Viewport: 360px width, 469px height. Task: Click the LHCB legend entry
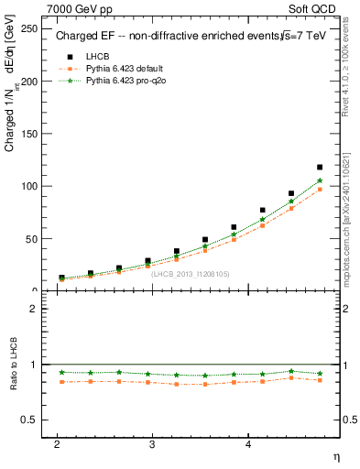[x=96, y=57]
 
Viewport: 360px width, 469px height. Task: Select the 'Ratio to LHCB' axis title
[x=13, y=366]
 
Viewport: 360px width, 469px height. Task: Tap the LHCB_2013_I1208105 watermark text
[x=191, y=274]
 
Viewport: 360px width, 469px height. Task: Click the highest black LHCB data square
[x=320, y=167]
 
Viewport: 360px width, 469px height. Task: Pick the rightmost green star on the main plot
[x=320, y=180]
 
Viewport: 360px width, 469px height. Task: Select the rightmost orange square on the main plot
[x=320, y=190]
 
